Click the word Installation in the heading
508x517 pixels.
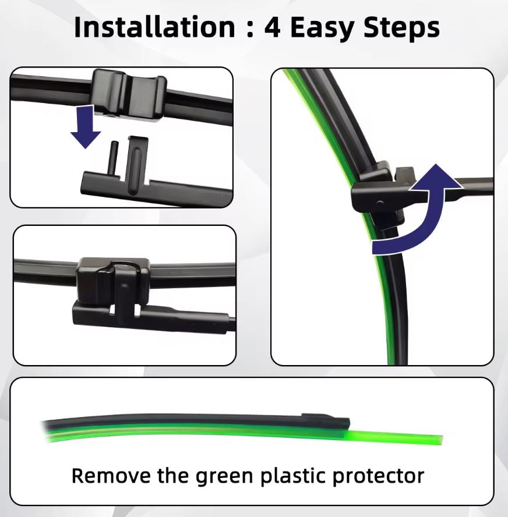155,27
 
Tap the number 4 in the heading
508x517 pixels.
272,28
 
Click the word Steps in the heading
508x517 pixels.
402,29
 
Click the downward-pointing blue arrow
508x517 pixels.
86,126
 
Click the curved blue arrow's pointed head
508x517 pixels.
435,178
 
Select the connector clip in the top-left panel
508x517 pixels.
129,95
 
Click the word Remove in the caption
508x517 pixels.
112,476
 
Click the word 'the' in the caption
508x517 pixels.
174,476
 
